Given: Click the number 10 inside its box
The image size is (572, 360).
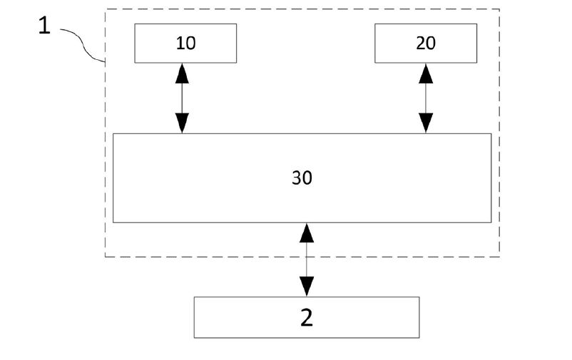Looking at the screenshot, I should pyautogui.click(x=185, y=43).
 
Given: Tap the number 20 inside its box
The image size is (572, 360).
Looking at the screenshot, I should pyautogui.click(x=426, y=43).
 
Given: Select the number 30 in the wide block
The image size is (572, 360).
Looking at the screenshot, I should pyautogui.click(x=302, y=178).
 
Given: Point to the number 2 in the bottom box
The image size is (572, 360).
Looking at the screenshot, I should pyautogui.click(x=307, y=317).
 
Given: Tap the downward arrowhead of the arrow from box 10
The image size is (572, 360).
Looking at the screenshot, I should pyautogui.click(x=183, y=124).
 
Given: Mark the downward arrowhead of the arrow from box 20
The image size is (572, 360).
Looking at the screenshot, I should pyautogui.click(x=426, y=124).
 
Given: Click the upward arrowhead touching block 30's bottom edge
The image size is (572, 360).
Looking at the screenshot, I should pyautogui.click(x=307, y=232).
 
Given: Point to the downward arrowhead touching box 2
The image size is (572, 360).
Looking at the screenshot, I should pyautogui.click(x=307, y=287).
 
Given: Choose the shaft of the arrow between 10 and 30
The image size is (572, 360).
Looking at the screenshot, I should pyautogui.click(x=183, y=97).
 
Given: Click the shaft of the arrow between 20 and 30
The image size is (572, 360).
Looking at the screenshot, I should pyautogui.click(x=426, y=97).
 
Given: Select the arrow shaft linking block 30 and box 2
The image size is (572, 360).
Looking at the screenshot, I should pyautogui.click(x=307, y=259).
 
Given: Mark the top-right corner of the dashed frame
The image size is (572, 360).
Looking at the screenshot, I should pyautogui.click(x=499, y=9).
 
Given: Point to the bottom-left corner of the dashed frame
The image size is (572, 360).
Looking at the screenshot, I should pyautogui.click(x=106, y=257).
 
